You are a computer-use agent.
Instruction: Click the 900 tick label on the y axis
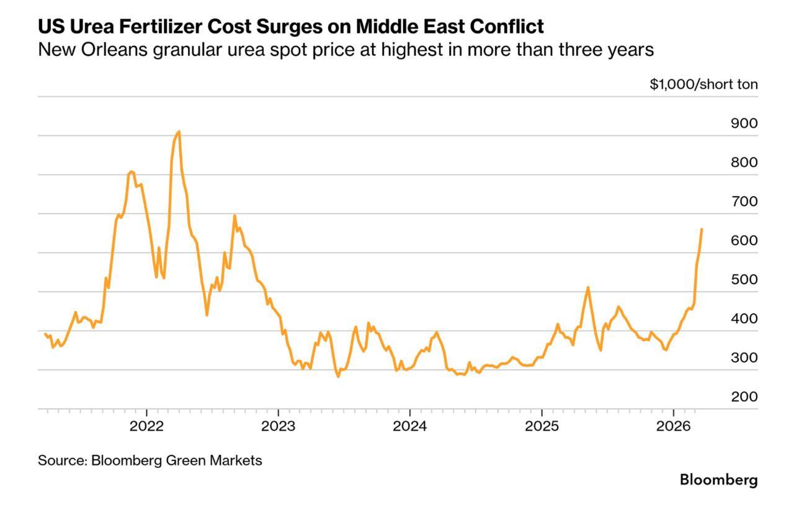[744, 123]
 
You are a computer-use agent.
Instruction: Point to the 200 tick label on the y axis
[744, 397]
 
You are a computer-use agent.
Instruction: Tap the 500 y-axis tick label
[744, 280]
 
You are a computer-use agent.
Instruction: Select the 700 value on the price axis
[744, 202]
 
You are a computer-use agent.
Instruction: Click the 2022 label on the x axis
[147, 427]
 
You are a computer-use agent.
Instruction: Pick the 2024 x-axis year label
[410, 427]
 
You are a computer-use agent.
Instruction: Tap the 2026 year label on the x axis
[674, 427]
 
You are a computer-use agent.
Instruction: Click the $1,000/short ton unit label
[703, 84]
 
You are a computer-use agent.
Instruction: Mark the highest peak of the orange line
[179, 132]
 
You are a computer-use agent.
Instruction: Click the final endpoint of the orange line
[702, 229]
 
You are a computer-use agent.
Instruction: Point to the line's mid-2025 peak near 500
[587, 287]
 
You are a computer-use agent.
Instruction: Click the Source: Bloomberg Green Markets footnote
[149, 460]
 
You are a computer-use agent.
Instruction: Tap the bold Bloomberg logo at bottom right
[718, 480]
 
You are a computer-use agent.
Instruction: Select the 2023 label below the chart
[279, 427]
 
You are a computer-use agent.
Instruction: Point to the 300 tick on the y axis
[744, 358]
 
